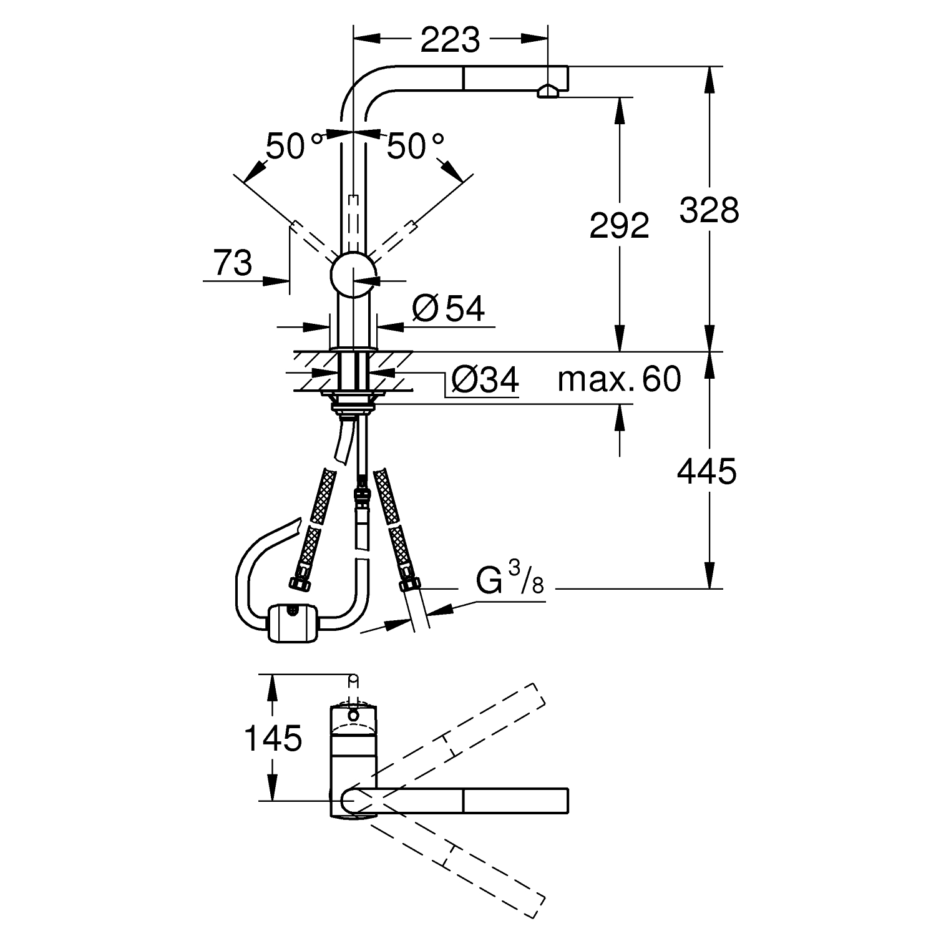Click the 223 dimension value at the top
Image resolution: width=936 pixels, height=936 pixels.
click(450, 41)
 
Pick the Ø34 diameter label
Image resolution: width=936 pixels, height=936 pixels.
click(485, 379)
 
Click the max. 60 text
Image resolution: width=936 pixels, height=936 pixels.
click(619, 379)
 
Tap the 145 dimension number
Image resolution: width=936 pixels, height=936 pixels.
click(273, 739)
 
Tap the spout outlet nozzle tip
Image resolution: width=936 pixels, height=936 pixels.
click(548, 92)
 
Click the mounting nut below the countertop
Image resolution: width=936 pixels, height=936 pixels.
click(354, 403)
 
